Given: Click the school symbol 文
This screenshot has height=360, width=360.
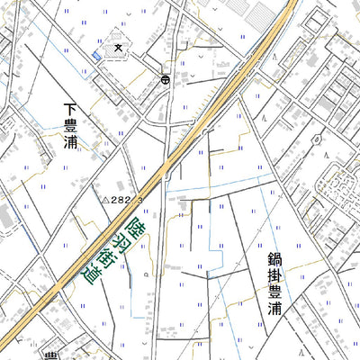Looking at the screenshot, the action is [x=118, y=46].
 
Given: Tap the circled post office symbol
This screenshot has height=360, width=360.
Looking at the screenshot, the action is [x=166, y=80].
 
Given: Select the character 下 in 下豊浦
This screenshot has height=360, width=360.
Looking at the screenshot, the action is [x=71, y=109].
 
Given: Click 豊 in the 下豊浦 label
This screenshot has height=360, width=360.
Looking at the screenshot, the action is [x=71, y=125].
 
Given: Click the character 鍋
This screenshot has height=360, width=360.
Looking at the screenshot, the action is [x=274, y=260].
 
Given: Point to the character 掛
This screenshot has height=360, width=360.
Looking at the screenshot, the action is [x=274, y=276].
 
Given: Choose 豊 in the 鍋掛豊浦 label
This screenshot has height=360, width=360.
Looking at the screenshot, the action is [x=274, y=292].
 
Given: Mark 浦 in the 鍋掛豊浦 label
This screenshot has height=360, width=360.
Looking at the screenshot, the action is [x=274, y=309].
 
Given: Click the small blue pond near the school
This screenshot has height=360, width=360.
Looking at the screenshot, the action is [x=96, y=58].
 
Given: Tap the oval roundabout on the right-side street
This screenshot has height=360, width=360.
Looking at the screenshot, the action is [x=317, y=139].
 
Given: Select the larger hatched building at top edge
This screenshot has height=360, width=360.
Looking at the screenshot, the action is [x=264, y=12].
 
